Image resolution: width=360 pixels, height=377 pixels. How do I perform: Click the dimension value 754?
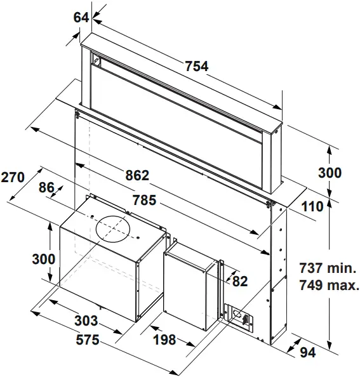196,66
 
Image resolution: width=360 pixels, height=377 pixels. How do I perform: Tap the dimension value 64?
81,18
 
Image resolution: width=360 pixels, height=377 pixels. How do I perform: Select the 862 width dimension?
136,175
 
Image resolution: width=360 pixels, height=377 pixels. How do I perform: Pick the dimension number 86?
46,188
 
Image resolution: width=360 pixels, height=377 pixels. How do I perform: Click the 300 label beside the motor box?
44,259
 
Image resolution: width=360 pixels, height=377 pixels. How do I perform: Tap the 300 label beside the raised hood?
330,173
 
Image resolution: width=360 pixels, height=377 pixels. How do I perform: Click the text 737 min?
330,268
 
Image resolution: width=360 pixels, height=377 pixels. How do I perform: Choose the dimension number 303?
86,320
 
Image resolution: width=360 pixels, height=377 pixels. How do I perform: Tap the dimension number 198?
164,340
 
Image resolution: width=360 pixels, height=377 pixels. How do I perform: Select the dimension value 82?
239,281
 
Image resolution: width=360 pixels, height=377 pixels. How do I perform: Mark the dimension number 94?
307,353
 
